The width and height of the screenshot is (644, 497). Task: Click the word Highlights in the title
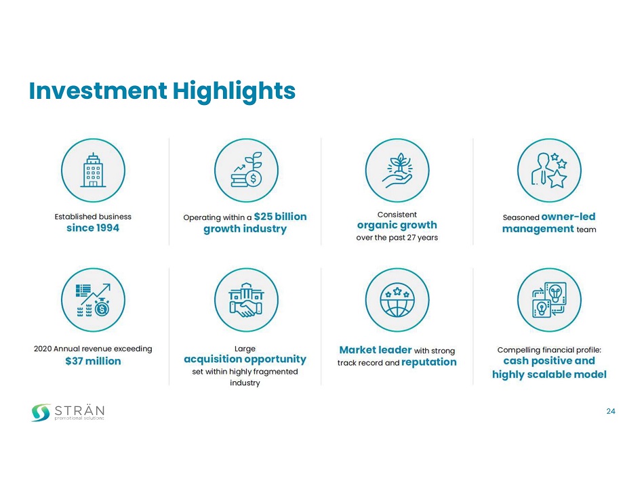(234, 91)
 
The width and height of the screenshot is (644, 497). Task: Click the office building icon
(93, 170)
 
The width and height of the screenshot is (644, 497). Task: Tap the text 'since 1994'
(93, 228)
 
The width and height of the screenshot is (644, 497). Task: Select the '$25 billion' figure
(280, 216)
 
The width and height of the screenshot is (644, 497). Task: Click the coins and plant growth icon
(247, 170)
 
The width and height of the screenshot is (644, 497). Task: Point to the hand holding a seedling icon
(397, 171)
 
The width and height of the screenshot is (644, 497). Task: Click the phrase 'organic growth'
(397, 225)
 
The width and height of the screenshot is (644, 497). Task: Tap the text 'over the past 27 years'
(397, 238)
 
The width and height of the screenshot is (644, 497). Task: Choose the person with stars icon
(549, 170)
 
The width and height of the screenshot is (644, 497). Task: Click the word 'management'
(538, 229)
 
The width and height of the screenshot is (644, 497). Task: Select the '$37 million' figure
(93, 361)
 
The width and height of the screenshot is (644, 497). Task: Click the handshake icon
(247, 300)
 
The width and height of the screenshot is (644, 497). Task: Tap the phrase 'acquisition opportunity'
(245, 360)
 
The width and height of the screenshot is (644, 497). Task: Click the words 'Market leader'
(375, 350)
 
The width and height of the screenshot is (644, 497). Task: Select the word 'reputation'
(429, 362)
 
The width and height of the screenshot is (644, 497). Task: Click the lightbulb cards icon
(550, 300)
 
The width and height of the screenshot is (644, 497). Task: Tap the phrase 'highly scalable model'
(549, 374)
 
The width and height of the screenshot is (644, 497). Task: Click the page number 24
(611, 411)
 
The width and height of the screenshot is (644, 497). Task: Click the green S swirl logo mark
(41, 412)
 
